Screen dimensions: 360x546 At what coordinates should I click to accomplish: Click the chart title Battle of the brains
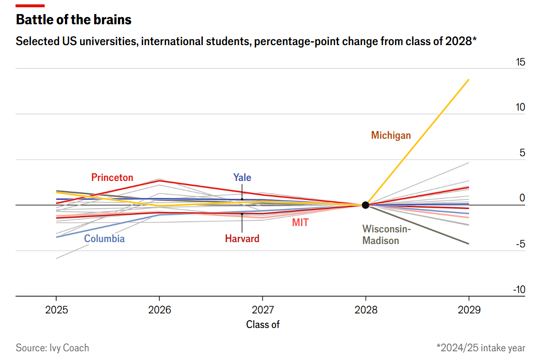(74, 20)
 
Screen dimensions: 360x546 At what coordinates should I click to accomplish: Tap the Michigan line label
(391, 135)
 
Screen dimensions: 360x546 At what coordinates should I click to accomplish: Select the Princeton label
(112, 178)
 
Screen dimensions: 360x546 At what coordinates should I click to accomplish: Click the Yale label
(242, 177)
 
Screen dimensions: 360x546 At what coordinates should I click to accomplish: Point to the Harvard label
(242, 239)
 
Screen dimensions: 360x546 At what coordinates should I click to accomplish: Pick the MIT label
(300, 223)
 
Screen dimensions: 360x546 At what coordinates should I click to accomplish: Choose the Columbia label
(104, 239)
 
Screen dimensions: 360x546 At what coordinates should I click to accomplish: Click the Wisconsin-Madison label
(386, 234)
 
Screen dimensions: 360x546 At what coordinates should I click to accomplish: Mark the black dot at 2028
(365, 205)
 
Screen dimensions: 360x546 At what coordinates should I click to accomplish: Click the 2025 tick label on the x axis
(56, 310)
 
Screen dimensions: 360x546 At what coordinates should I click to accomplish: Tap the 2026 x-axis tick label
(159, 310)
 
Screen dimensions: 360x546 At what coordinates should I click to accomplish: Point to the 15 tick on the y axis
(520, 62)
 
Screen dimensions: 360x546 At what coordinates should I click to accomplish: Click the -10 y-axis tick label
(518, 290)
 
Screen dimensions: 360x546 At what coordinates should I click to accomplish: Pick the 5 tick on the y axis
(522, 153)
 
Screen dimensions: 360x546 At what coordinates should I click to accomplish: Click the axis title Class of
(263, 325)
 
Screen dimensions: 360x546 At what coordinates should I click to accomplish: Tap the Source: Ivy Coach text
(52, 348)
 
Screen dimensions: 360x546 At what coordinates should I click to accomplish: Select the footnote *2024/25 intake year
(480, 348)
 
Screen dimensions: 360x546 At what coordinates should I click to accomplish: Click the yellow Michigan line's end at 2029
(468, 80)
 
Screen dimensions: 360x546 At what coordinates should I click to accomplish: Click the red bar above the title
(30, 6)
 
